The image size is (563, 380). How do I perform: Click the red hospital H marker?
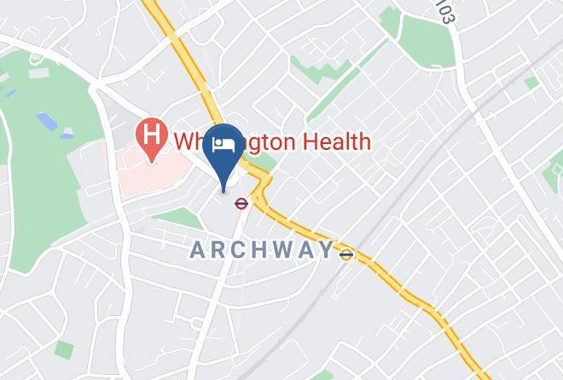[x=151, y=137]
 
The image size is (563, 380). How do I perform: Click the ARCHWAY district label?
[x=261, y=250]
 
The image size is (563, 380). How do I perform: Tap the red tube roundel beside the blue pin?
[x=243, y=201]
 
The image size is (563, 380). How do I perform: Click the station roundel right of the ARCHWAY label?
[x=346, y=253]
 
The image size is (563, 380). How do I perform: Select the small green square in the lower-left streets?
[x=64, y=348]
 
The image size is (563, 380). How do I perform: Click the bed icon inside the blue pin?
[x=224, y=142]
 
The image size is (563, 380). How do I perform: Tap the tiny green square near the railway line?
[x=531, y=82]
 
